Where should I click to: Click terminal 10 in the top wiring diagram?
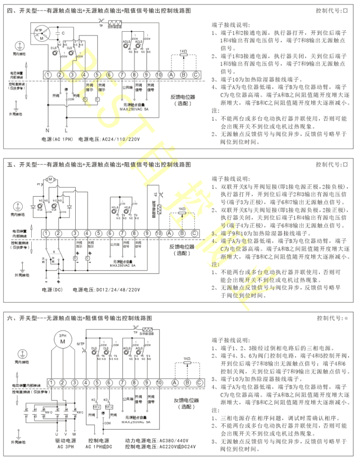coord(159,75)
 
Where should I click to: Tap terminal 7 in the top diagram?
coord(122,75)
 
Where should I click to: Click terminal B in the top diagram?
coord(183,75)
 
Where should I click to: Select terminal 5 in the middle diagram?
coord(98,234)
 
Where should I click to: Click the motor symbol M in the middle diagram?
coord(51,180)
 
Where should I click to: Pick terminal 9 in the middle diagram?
coord(147,234)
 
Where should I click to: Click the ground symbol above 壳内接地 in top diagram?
coord(20,46)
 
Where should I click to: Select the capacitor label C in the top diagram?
coord(64,33)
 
